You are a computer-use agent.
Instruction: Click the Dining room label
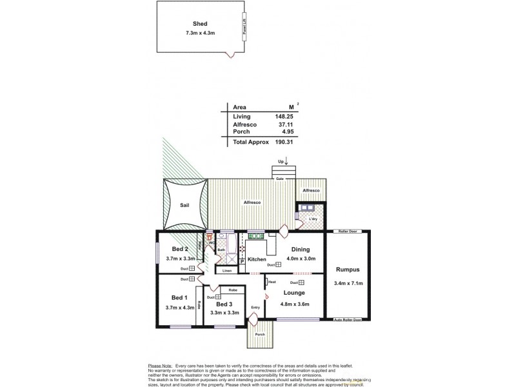301,249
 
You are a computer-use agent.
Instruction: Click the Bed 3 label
224,304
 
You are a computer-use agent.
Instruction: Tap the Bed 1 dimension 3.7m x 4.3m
180,308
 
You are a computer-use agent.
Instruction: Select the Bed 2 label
180,249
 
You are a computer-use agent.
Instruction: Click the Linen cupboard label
226,271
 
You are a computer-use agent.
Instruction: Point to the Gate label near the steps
280,179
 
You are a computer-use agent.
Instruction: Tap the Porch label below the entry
260,334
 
